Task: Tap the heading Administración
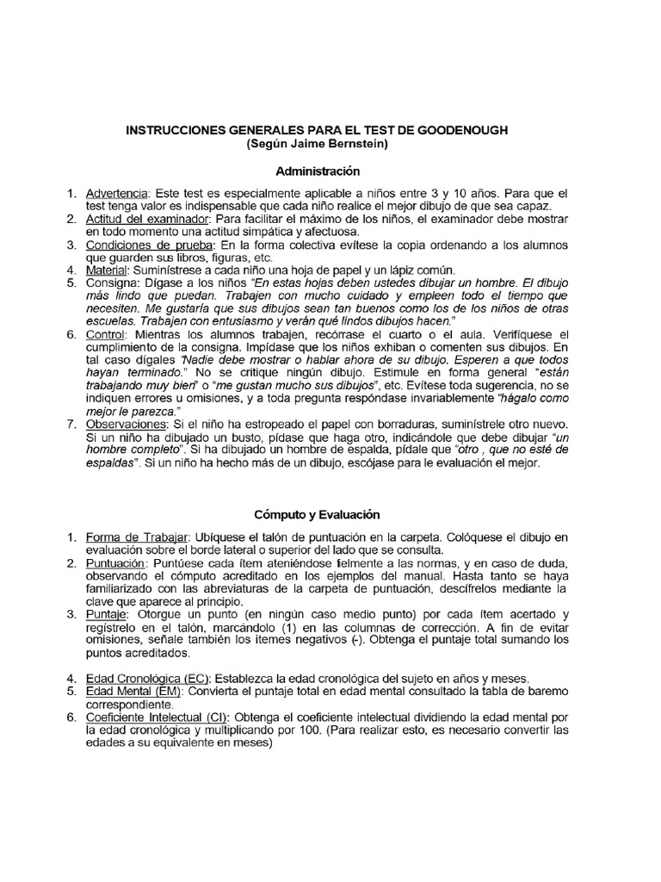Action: coord(318,171)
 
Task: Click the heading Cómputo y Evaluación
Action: coord(317,514)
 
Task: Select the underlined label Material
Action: coord(108,270)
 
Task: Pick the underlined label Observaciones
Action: coord(125,425)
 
